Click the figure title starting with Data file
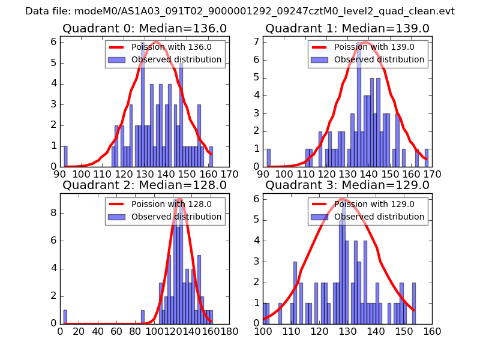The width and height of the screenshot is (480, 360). [x=240, y=11]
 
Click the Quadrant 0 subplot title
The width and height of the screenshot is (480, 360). [x=144, y=28]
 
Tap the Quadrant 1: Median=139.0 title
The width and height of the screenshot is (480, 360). [x=347, y=28]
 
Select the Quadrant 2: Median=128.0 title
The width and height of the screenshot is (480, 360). [x=144, y=185]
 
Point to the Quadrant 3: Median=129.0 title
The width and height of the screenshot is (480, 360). [x=347, y=185]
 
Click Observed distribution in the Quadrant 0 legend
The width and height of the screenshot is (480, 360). [x=176, y=59]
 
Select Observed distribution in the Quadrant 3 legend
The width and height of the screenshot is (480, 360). [x=379, y=216]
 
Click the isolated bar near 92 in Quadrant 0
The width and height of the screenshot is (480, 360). [x=65, y=156]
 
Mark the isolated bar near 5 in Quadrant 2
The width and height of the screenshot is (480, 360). [x=65, y=316]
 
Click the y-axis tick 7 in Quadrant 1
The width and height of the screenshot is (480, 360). [x=257, y=41]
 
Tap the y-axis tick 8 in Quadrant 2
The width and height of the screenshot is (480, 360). [x=54, y=212]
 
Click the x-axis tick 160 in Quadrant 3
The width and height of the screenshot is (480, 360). [x=432, y=331]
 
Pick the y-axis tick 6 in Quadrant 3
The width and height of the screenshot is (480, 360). [x=257, y=199]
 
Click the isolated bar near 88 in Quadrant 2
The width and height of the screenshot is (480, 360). [x=143, y=316]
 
